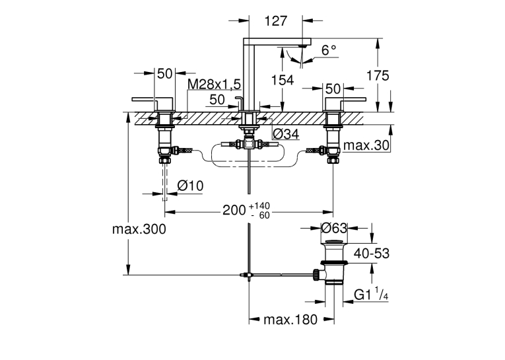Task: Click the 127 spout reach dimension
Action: pos(276,21)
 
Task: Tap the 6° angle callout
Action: pos(329,50)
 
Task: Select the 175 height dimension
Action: pos(378,75)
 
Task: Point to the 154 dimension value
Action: pos(283,80)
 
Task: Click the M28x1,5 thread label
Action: pos(214,85)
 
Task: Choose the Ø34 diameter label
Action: pos(286,134)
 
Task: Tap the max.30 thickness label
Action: pos(366,145)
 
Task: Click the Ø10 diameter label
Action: pos(190,186)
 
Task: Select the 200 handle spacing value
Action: pos(234,210)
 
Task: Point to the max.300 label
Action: pos(139,229)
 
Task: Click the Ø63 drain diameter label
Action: pos(334,228)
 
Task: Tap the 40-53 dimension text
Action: pos(372,254)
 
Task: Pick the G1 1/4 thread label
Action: pos(371,294)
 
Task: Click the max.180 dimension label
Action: pos(290,320)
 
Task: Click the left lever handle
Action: pos(152,104)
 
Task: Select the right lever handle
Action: pos(345,104)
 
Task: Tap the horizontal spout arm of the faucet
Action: pos(277,42)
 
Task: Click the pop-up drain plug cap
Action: pos(334,242)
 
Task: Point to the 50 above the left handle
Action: pos(164,74)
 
